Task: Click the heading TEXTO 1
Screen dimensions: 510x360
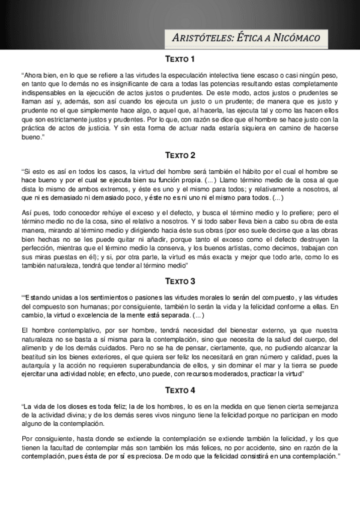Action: coord(180,59)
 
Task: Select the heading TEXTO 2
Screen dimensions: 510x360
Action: coord(180,155)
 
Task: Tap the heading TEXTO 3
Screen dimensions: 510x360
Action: coord(180,281)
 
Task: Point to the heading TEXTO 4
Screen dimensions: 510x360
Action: coord(180,390)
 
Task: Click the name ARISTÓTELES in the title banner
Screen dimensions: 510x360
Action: coord(207,38)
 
